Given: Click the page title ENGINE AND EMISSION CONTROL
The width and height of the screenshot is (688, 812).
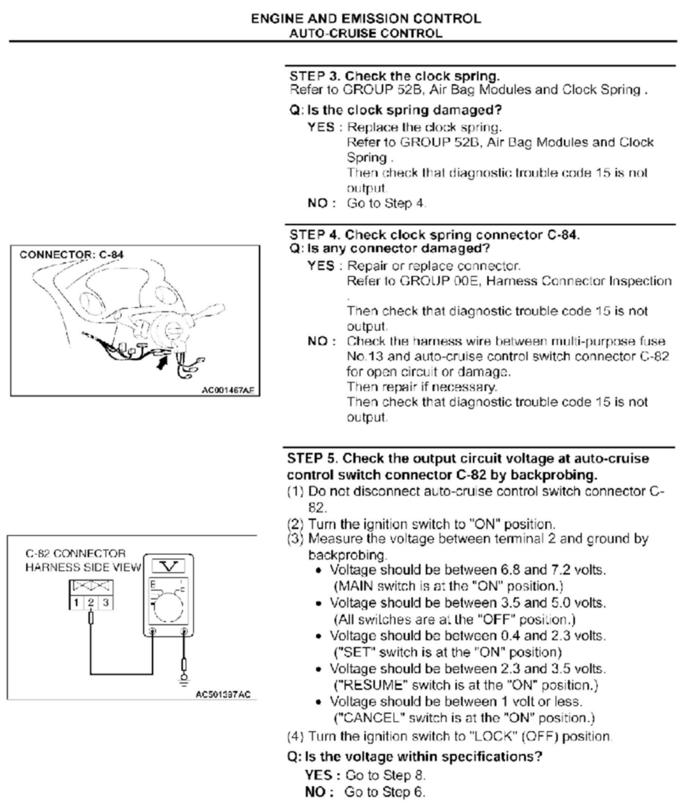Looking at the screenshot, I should (x=366, y=19).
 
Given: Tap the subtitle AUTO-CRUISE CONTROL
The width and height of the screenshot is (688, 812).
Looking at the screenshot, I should (x=366, y=33).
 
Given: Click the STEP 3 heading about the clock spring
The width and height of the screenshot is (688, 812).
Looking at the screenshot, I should (x=394, y=75).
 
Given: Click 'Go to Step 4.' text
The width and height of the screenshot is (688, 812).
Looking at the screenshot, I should (x=386, y=203).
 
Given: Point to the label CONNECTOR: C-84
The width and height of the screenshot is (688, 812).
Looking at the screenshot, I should (x=71, y=254).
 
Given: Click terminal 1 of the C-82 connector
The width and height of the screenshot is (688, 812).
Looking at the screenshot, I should (x=76, y=603).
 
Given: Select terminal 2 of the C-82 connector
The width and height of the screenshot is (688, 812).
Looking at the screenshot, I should (x=91, y=603).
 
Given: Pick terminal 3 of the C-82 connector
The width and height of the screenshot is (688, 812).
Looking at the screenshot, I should (x=105, y=603).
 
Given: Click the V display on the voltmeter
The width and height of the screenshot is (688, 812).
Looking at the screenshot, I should (x=168, y=566).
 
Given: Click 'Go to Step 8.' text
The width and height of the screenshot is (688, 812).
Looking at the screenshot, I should (x=385, y=775).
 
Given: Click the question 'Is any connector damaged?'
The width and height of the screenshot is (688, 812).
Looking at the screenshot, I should (x=398, y=248).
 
